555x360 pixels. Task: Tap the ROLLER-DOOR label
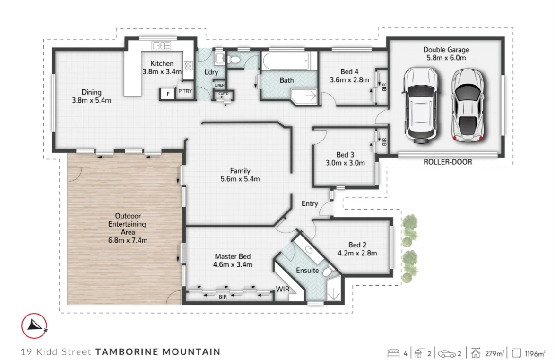coord(447,162)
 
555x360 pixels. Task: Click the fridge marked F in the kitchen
coord(167,94)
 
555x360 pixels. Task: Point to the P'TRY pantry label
coord(184,92)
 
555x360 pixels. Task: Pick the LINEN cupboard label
coord(219,85)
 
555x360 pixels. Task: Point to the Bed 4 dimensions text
coord(349,80)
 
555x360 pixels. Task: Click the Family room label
coord(240,171)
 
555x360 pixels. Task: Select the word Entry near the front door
coord(310,203)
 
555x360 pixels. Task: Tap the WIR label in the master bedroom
coord(282,289)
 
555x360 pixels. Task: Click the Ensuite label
coord(307,271)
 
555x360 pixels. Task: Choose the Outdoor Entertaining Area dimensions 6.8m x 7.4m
coord(128,240)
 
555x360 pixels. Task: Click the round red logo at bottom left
coord(34,325)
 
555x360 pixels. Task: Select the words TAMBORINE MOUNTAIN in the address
coord(157,351)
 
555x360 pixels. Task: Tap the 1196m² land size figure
coord(534,353)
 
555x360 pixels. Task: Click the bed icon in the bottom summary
coord(393,353)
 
